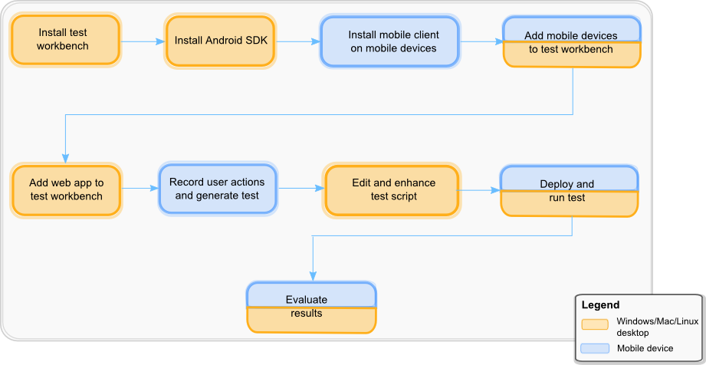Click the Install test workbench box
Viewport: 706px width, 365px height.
tap(64, 39)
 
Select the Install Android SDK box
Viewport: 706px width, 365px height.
tap(221, 40)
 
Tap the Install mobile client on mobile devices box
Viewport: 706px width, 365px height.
tap(392, 41)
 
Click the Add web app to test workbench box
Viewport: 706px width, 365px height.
tap(66, 189)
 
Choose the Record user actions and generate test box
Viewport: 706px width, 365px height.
tap(217, 189)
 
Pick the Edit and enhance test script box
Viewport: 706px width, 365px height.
tap(392, 189)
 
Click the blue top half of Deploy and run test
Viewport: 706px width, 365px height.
tap(568, 179)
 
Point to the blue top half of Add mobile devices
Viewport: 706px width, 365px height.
tap(571, 29)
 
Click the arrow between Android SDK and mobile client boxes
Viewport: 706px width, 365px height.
tap(297, 41)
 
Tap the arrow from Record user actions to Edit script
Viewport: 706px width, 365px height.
tap(300, 189)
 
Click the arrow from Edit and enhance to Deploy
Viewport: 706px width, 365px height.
tap(479, 189)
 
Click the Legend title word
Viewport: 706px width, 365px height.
tap(600, 305)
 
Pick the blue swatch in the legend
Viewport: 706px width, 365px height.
tap(595, 349)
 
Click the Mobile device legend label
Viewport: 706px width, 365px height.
tap(645, 349)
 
